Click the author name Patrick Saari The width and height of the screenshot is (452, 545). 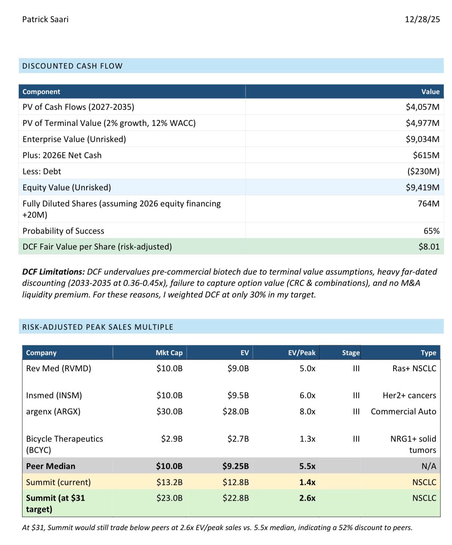click(x=45, y=19)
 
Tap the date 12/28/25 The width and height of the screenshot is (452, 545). click(x=422, y=19)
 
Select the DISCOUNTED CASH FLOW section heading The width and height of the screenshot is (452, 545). click(x=72, y=66)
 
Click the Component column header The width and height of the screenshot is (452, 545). click(x=41, y=92)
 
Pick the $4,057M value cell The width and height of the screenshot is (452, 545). click(x=422, y=107)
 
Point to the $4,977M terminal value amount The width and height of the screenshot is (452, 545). click(x=422, y=123)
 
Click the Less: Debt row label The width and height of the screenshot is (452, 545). click(x=42, y=171)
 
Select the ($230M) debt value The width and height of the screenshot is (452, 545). click(x=423, y=171)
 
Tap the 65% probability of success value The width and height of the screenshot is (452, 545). click(x=432, y=231)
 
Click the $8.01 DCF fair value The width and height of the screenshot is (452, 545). click(x=429, y=247)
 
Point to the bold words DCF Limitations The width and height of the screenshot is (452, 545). click(x=53, y=272)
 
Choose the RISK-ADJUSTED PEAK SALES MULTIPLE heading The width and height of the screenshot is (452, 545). click(x=98, y=327)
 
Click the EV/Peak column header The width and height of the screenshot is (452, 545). click(x=302, y=352)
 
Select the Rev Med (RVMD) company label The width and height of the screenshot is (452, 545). click(x=58, y=368)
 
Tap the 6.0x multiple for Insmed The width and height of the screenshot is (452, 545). click(x=307, y=395)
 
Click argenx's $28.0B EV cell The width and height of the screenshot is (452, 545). click(x=235, y=411)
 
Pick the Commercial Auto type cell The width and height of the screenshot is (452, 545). click(x=403, y=411)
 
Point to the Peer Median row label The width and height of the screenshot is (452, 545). click(x=51, y=466)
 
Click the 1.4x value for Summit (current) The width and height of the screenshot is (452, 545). click(x=307, y=482)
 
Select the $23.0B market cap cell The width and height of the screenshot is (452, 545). click(x=169, y=498)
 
